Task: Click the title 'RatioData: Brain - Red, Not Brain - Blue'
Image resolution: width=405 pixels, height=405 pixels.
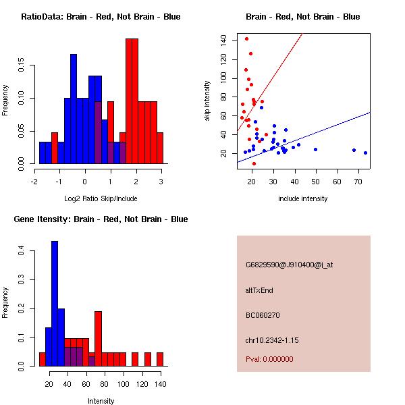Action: (x=101, y=17)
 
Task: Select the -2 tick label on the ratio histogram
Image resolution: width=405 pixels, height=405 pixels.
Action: (x=34, y=181)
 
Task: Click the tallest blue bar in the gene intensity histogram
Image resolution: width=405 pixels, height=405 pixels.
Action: (x=55, y=304)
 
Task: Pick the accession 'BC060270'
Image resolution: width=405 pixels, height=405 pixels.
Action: (x=263, y=315)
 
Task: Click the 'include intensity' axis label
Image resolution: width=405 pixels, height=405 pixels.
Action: (x=303, y=199)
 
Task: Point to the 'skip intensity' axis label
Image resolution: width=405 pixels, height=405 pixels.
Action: (x=209, y=101)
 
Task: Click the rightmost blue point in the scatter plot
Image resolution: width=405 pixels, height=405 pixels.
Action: (x=365, y=153)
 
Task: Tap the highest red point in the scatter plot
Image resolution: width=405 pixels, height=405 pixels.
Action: (x=247, y=38)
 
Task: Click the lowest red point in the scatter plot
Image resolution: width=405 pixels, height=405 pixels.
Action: (x=254, y=163)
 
